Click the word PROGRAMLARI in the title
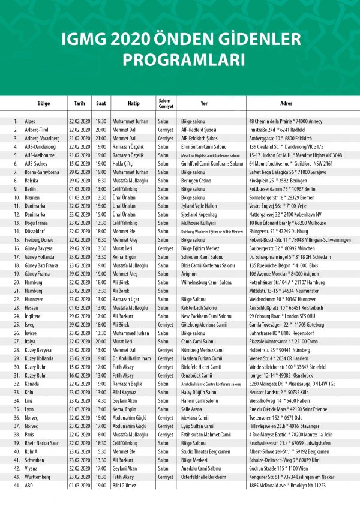(x=180, y=60)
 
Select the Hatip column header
(x=133, y=103)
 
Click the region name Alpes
(x=30, y=121)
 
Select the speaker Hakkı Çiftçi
(x=125, y=163)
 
